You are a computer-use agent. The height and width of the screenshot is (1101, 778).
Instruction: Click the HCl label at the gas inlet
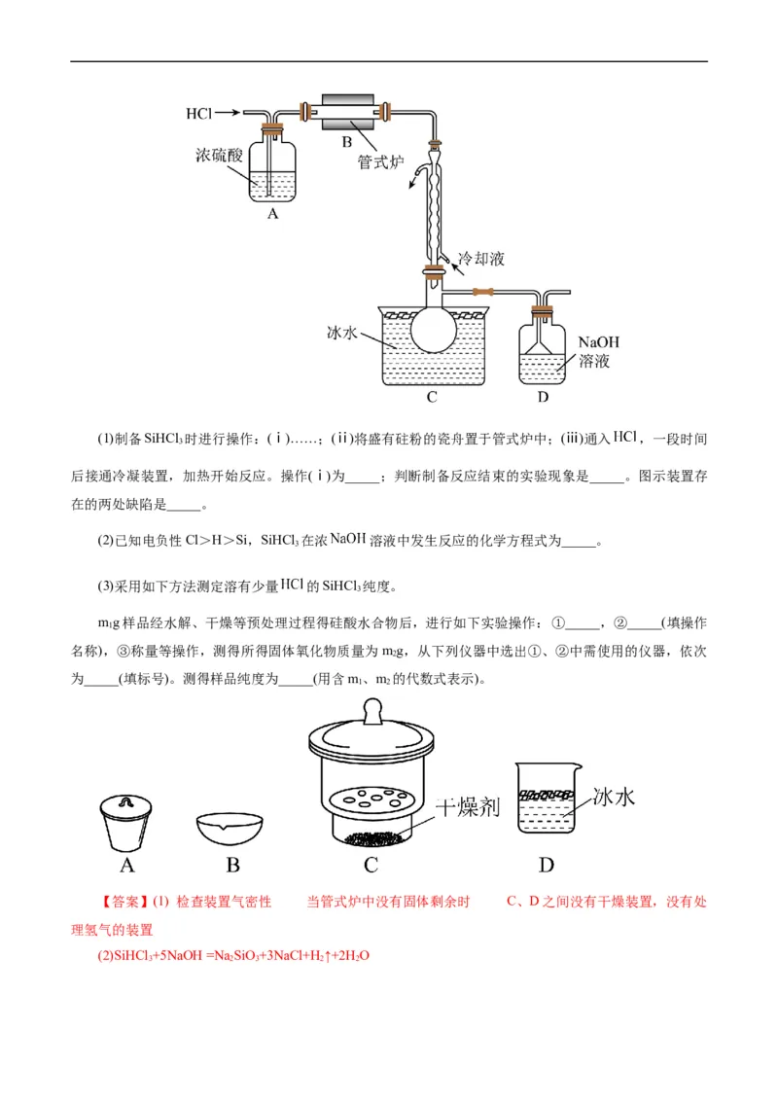click(x=198, y=114)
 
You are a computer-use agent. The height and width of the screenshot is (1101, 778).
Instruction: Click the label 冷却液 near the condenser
click(x=480, y=259)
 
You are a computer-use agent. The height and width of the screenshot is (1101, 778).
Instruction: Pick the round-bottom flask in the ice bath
click(x=434, y=327)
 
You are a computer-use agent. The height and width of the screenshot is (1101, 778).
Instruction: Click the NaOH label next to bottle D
click(x=598, y=342)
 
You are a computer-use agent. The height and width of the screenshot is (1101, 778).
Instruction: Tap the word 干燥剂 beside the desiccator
click(x=466, y=806)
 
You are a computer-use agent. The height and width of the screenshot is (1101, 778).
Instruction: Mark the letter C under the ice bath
click(x=431, y=397)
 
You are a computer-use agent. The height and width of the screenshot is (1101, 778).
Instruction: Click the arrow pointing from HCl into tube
click(x=228, y=114)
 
